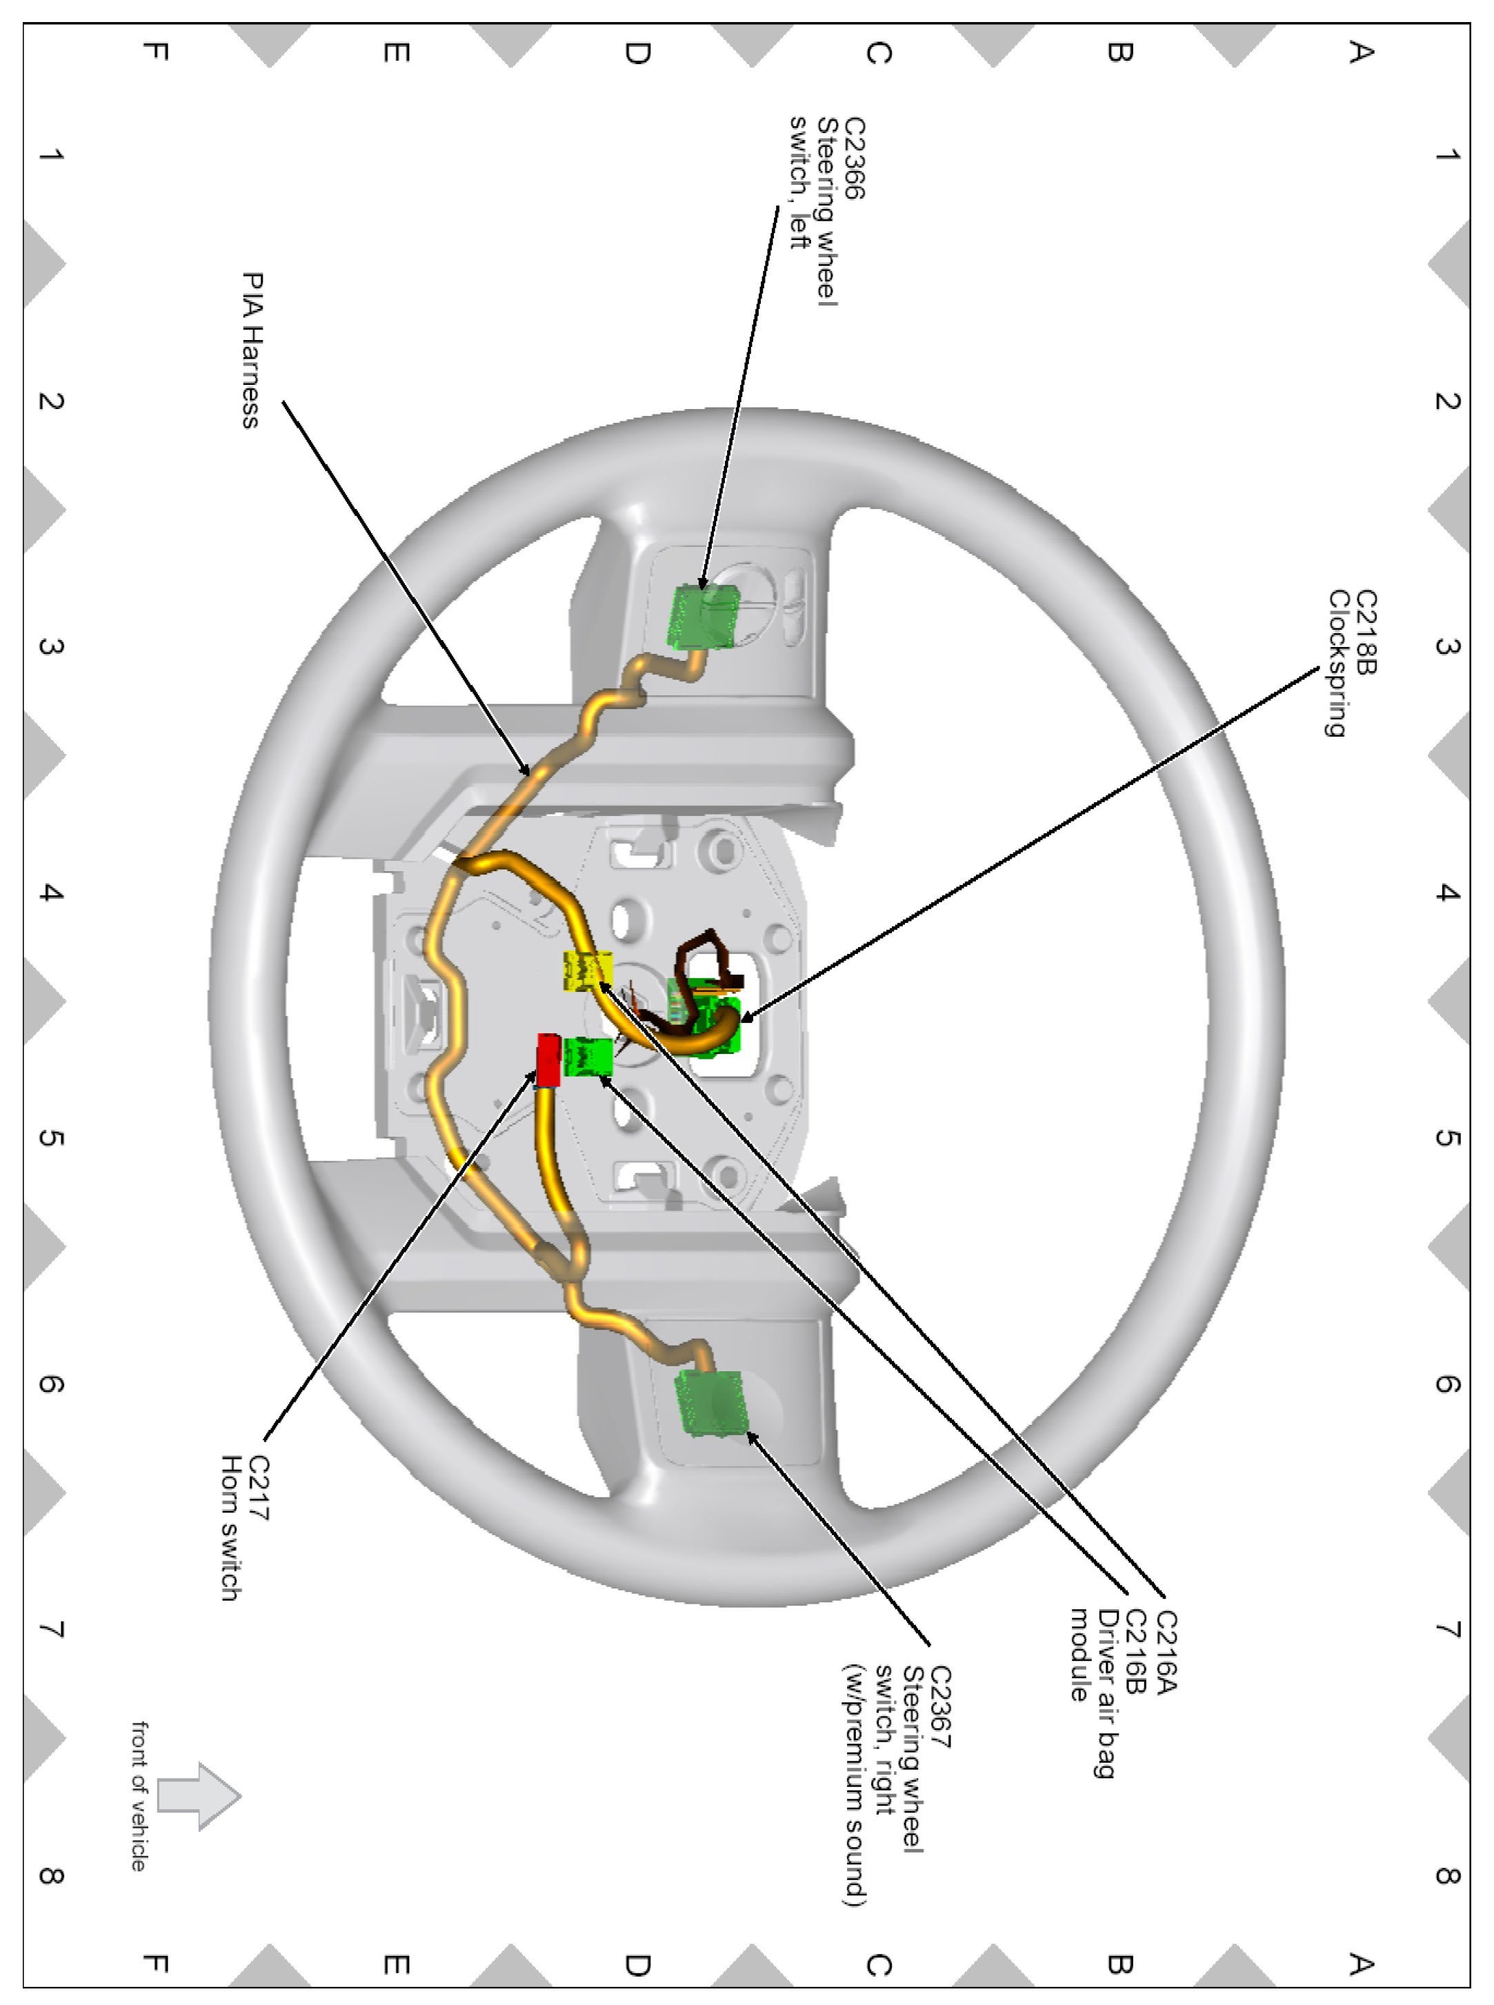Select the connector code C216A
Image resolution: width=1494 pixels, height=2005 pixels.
tap(1166, 1650)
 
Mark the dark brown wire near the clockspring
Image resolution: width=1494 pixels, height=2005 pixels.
tap(706, 950)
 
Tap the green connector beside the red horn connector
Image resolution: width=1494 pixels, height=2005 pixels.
tap(588, 1057)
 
